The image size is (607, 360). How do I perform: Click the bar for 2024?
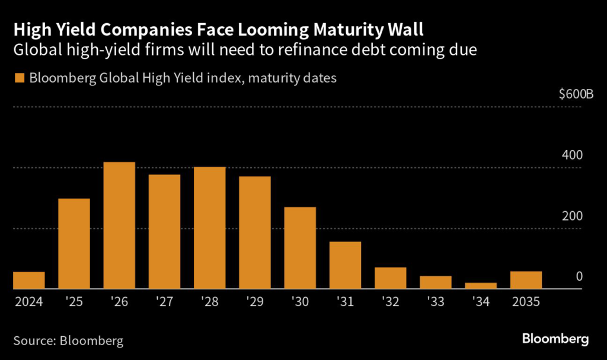click(29, 281)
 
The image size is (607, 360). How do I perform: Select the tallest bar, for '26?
click(119, 225)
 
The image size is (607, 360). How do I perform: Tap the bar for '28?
click(209, 228)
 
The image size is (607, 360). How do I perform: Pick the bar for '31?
click(345, 265)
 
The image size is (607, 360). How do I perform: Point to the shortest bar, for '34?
click(481, 286)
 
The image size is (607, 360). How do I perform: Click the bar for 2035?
click(526, 281)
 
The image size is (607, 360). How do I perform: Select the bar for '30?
click(300, 248)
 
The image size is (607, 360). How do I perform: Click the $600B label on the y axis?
click(576, 95)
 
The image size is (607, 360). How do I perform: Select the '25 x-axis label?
click(74, 302)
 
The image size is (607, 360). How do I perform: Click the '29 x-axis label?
click(255, 302)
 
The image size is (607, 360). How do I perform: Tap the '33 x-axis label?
click(436, 302)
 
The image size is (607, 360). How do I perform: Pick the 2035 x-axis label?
click(526, 302)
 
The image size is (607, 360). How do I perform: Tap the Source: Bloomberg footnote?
click(69, 340)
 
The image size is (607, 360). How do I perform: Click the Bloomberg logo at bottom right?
click(555, 339)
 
